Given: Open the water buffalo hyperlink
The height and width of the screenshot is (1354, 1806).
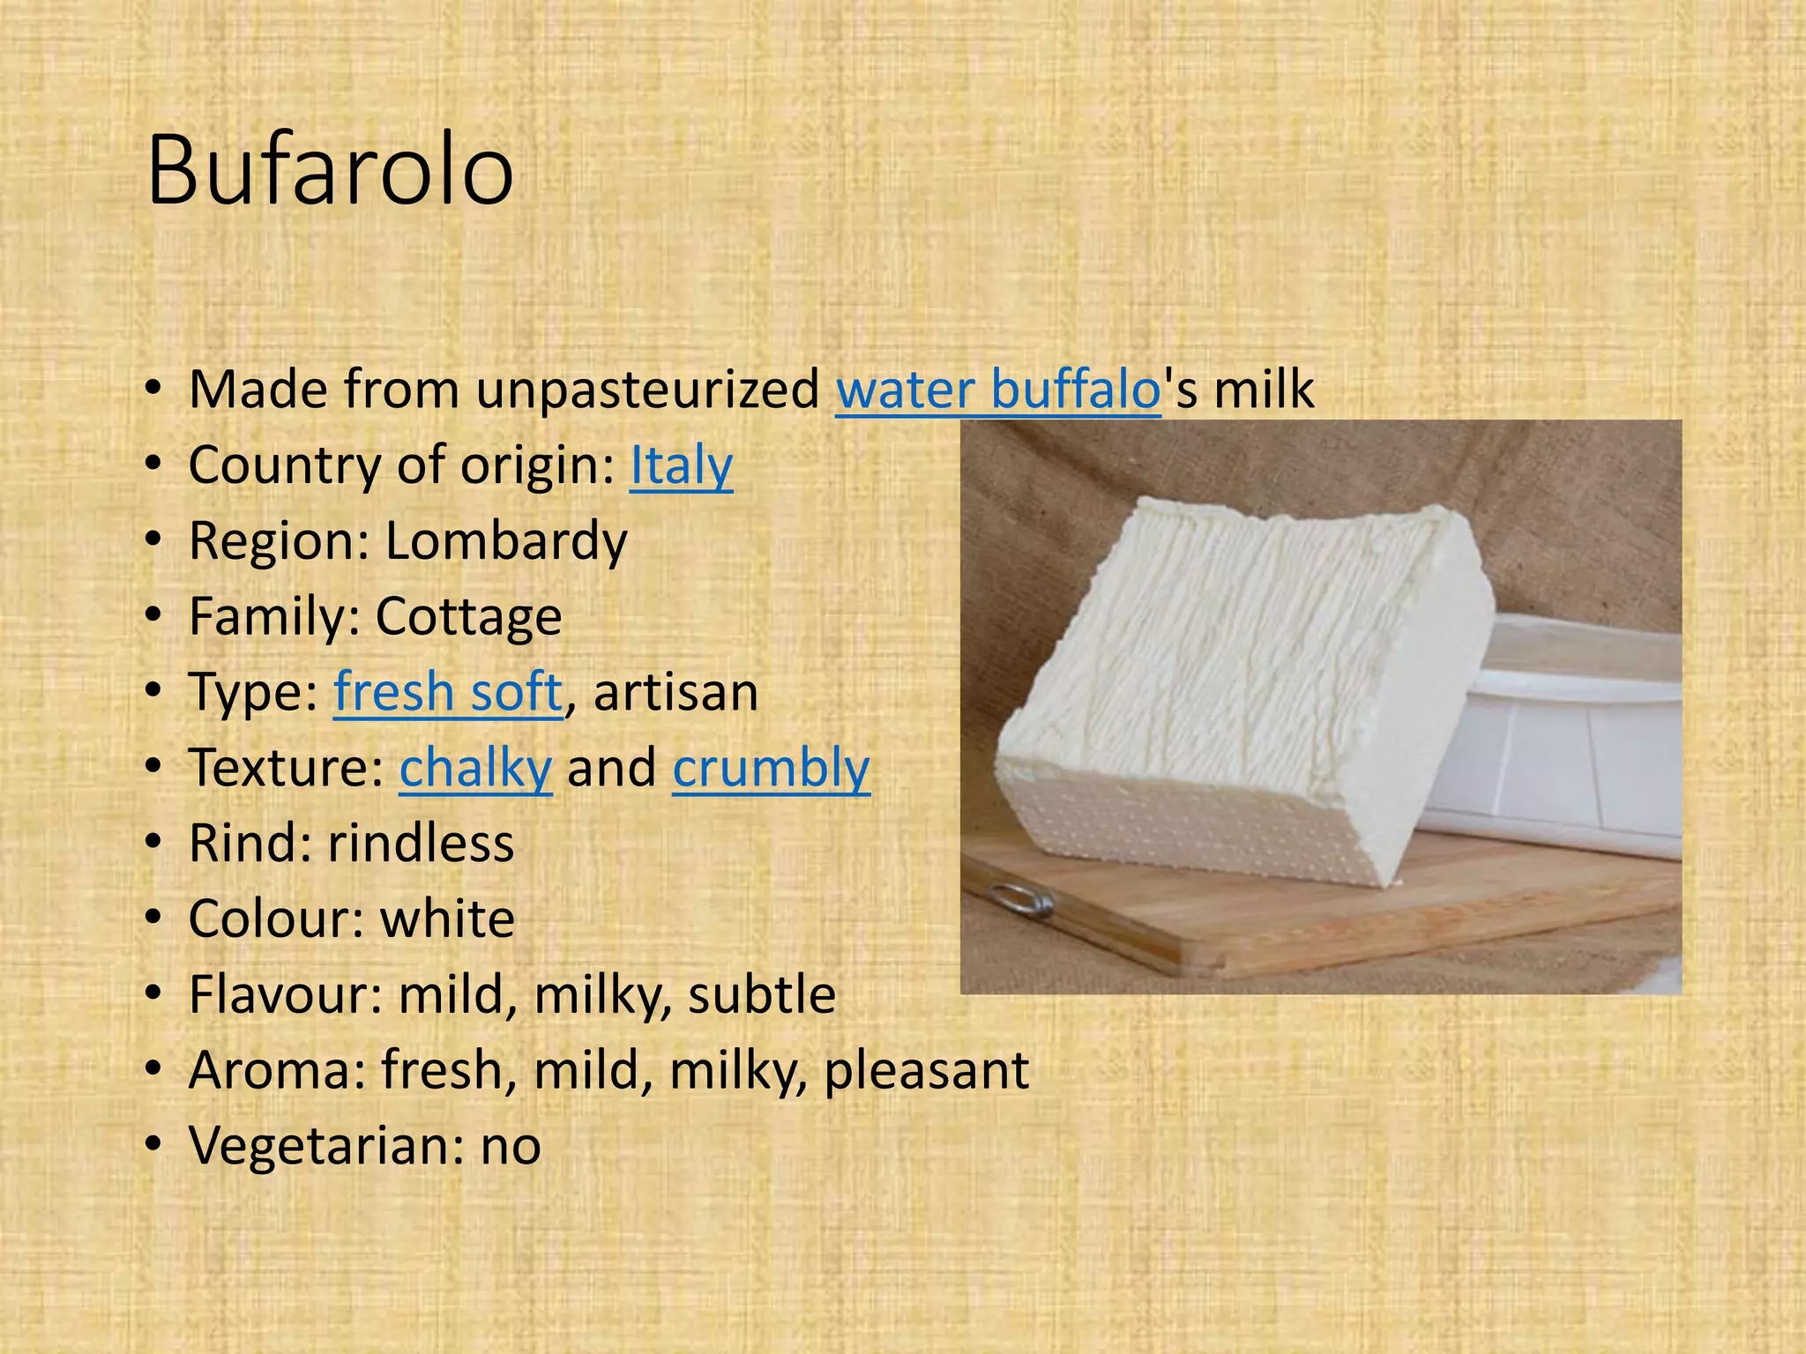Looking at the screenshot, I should coord(997,390).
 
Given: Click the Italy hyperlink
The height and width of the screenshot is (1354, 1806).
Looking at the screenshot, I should coord(681,465).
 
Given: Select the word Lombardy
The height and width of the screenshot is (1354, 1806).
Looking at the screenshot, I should coord(506,541).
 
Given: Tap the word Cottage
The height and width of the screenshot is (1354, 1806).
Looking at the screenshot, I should coord(468,616).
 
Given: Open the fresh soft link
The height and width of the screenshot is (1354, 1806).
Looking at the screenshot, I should coord(447,692).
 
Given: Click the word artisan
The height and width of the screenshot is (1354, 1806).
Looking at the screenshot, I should coord(675,693).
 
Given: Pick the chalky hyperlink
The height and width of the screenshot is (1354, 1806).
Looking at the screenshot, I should coord(475,768).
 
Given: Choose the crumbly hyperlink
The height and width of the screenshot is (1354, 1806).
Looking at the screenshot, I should coord(771,768).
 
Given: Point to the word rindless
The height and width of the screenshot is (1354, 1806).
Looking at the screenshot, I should coord(421,844).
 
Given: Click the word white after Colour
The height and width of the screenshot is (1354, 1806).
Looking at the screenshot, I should coord(447,919).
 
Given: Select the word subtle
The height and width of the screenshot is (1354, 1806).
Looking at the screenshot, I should coord(762,995).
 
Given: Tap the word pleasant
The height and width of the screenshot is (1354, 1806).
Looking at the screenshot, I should coord(926,1071).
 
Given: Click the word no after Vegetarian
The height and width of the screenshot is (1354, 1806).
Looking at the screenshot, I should coord(511,1147).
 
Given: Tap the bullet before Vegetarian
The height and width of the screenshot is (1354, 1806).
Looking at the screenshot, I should coord(155,1146).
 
